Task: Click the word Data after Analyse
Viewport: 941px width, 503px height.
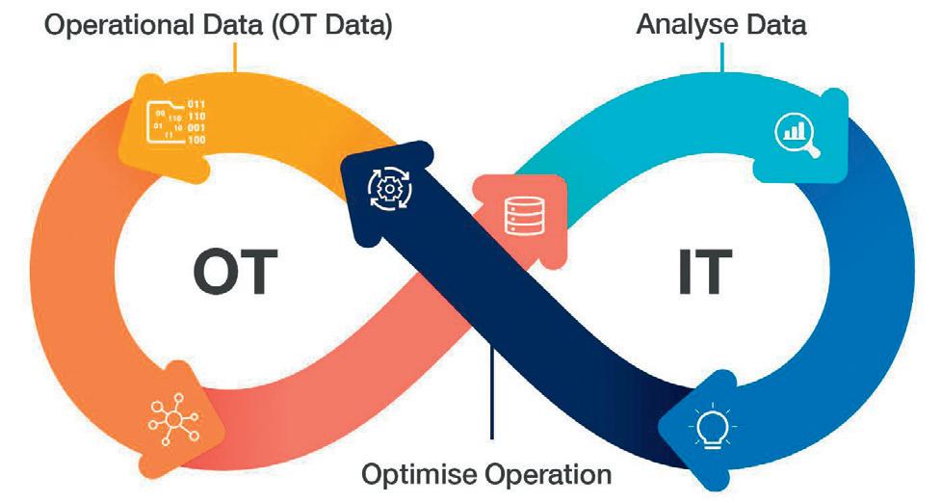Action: (x=776, y=23)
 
